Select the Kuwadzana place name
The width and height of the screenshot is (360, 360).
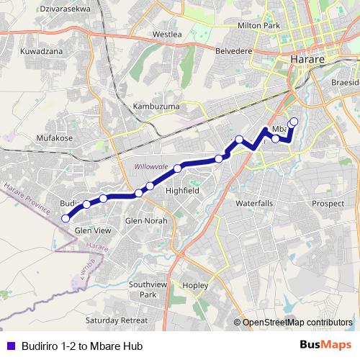pyautogui.click(x=44, y=53)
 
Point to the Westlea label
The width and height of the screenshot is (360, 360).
pyautogui.click(x=166, y=34)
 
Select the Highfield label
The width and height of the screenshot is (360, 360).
pyautogui.click(x=182, y=191)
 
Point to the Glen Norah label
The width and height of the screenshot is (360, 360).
pyautogui.click(x=146, y=220)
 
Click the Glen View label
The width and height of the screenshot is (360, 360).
pyautogui.click(x=93, y=230)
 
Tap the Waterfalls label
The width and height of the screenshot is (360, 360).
pyautogui.click(x=254, y=204)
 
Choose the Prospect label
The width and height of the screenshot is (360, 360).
pyautogui.click(x=328, y=204)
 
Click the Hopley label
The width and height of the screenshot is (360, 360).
pyautogui.click(x=196, y=286)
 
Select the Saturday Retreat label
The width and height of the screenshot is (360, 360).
pyautogui.click(x=116, y=320)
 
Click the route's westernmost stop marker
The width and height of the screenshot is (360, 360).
pyautogui.click(x=66, y=218)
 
